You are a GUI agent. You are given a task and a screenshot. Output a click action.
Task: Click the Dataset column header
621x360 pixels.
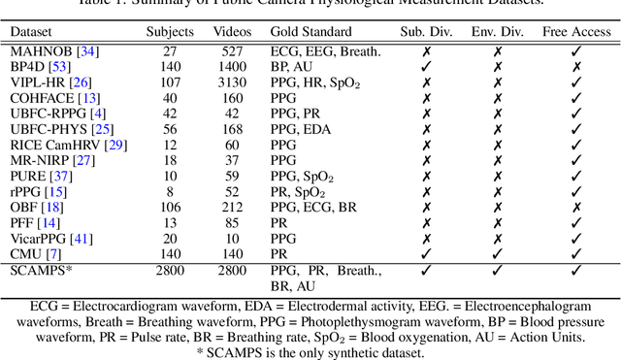tap(33, 30)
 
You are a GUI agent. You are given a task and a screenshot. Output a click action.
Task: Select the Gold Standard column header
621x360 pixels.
tap(311, 30)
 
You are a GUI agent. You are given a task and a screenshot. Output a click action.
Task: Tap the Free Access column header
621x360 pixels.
tap(576, 30)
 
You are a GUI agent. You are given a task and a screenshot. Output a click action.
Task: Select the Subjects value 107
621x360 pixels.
tap(170, 82)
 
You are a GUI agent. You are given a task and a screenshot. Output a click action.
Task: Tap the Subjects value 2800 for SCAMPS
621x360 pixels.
tap(170, 269)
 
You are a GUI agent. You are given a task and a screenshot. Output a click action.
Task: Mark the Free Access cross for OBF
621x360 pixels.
tap(576, 207)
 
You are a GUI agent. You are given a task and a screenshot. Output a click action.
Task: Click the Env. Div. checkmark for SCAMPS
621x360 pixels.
tap(498, 269)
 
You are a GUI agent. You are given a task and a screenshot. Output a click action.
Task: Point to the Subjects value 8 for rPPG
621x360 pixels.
tap(170, 191)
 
